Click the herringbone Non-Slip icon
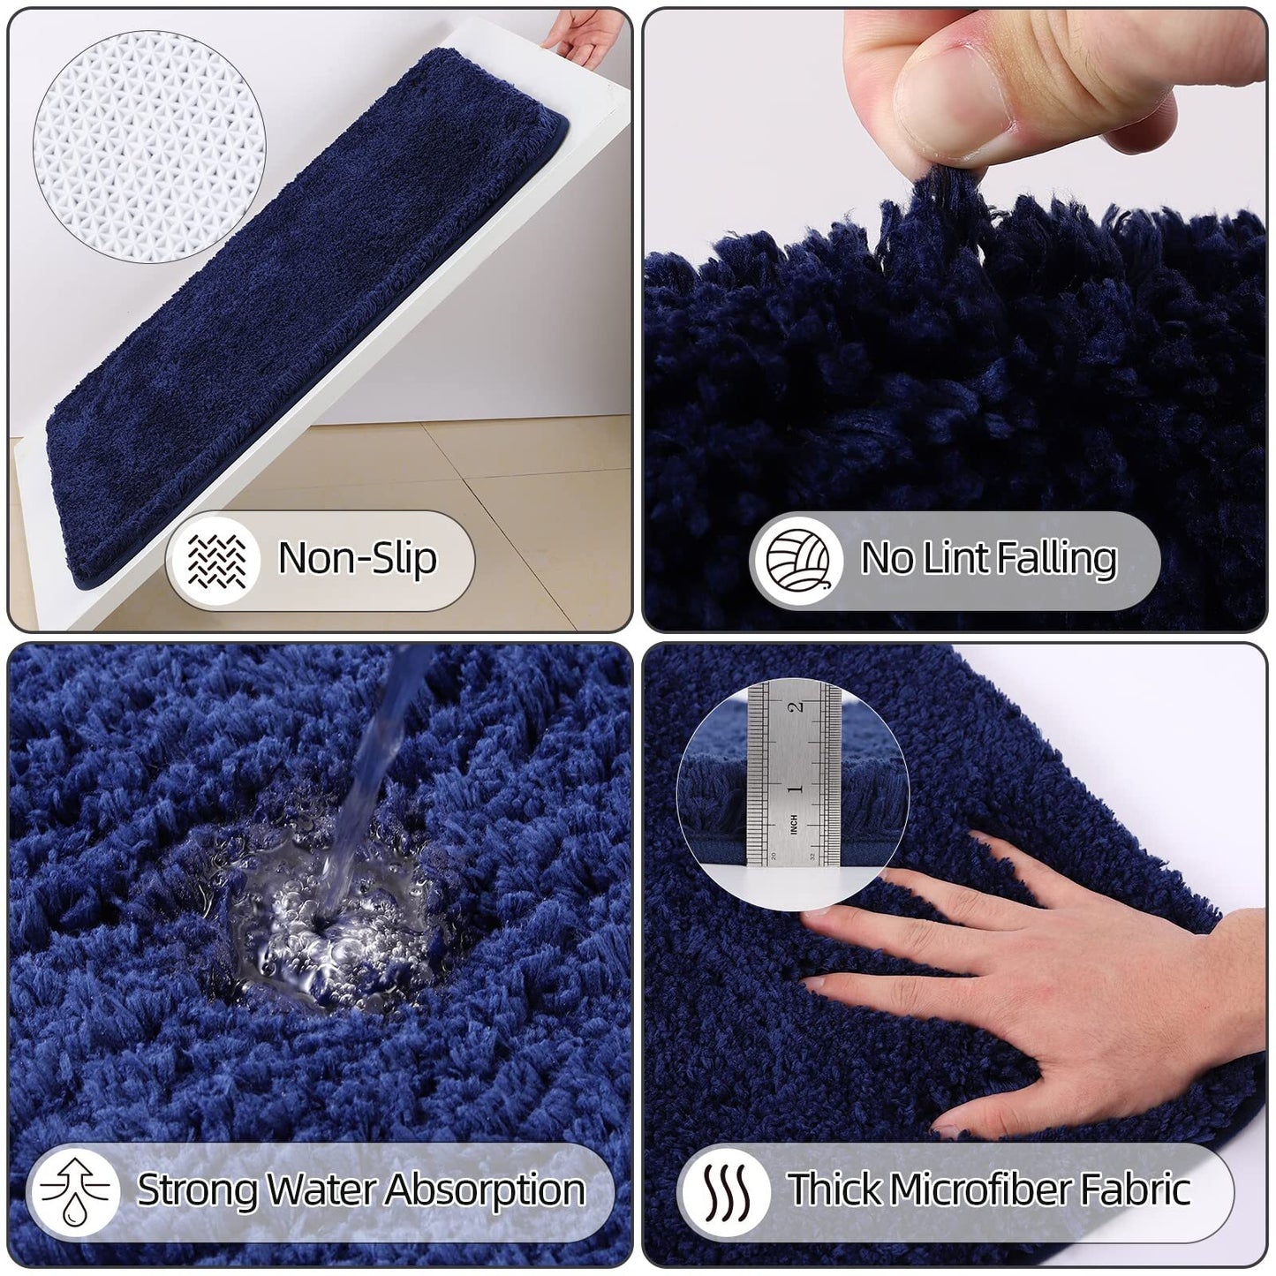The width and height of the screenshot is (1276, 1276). click(216, 560)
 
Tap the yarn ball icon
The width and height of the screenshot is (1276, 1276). click(797, 560)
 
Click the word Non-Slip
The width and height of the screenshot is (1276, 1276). click(358, 558)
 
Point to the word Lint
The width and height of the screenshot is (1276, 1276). click(955, 557)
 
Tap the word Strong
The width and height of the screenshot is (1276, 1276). click(197, 1190)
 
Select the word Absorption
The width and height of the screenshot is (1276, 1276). click(485, 1190)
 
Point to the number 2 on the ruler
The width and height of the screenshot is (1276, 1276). click(796, 706)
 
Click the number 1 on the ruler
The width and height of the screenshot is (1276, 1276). click(796, 788)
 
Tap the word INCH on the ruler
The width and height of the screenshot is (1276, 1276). click(793, 825)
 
